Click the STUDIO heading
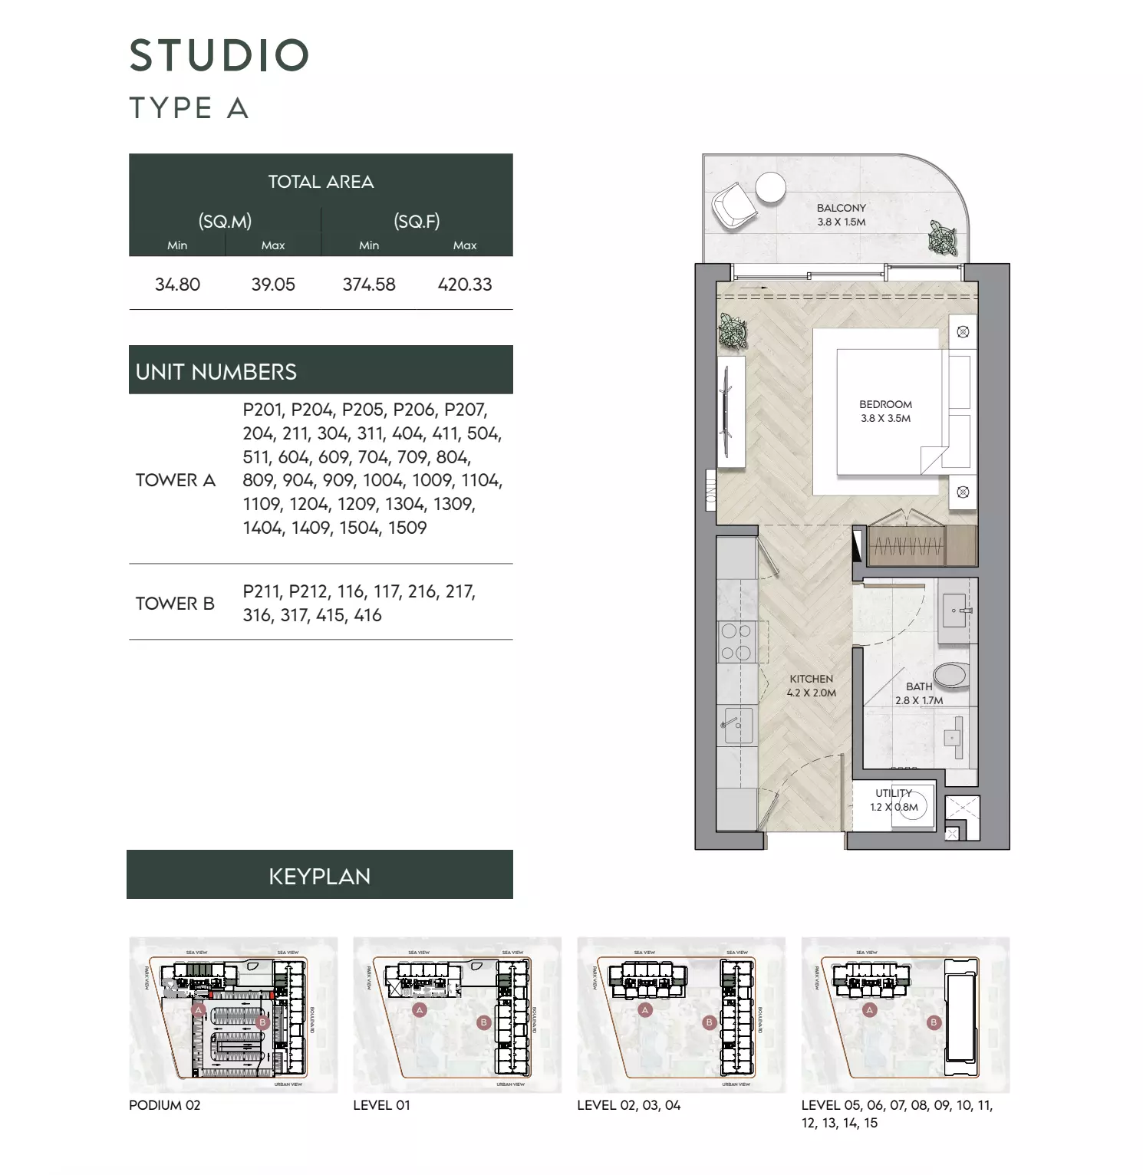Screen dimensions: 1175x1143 pyautogui.click(x=219, y=55)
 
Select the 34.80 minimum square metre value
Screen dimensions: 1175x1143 pyautogui.click(x=177, y=285)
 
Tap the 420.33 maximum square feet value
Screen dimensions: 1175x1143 pyautogui.click(x=465, y=285)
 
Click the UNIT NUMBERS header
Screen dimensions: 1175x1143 pyautogui.click(x=216, y=372)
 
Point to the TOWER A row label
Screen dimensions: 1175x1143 pyautogui.click(x=176, y=480)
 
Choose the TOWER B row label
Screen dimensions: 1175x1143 pyautogui.click(x=175, y=604)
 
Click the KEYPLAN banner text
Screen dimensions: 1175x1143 pyautogui.click(x=320, y=876)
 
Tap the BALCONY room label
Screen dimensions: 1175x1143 pyautogui.click(x=842, y=208)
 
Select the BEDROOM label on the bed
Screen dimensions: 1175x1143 pyautogui.click(x=885, y=404)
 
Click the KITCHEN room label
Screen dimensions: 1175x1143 pyautogui.click(x=811, y=679)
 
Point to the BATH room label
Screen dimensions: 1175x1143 pyautogui.click(x=919, y=686)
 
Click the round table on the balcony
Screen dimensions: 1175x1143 pyautogui.click(x=770, y=187)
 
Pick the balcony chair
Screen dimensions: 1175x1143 pyautogui.click(x=734, y=206)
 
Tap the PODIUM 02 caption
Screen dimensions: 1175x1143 pyautogui.click(x=165, y=1105)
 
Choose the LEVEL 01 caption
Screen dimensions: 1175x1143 pyautogui.click(x=381, y=1105)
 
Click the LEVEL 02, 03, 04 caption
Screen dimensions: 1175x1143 pyautogui.click(x=628, y=1105)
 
